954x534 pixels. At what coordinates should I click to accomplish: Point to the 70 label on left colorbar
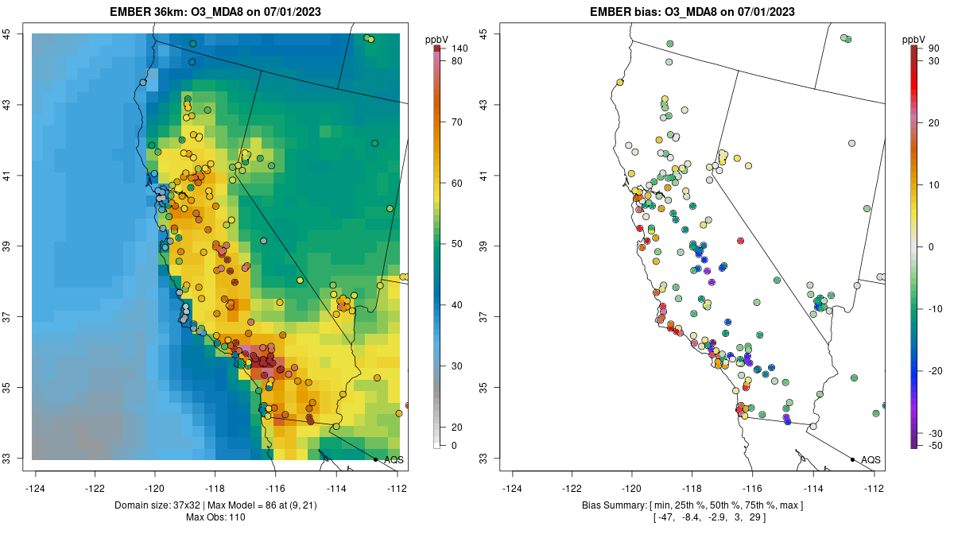click(456, 122)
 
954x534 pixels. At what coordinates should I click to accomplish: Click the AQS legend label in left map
click(394, 459)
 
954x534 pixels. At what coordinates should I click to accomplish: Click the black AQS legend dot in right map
click(851, 459)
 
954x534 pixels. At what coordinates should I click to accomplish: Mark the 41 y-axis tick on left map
click(17, 176)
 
